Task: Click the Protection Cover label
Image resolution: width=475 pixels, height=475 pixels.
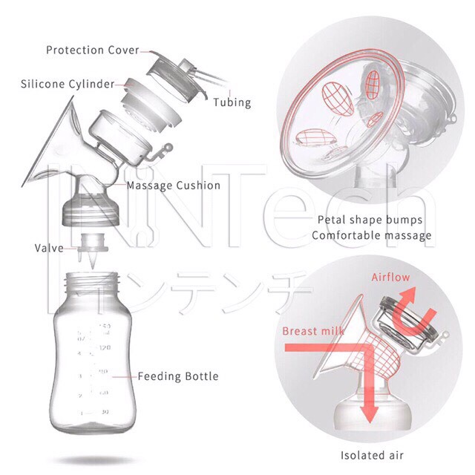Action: pos(92,50)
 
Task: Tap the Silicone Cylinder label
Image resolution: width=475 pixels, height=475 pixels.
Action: pos(68,84)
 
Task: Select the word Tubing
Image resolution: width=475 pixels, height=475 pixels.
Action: pos(232,102)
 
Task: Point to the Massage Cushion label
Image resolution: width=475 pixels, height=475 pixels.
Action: pos(173,186)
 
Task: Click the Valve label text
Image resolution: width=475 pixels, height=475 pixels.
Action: pos(49,249)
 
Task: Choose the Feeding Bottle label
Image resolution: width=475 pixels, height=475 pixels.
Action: pos(178,376)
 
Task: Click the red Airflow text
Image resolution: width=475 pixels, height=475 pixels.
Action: pos(390,277)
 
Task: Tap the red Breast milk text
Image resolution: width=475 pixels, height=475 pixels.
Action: pos(313,331)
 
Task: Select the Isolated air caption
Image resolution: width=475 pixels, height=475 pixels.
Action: pos(372,455)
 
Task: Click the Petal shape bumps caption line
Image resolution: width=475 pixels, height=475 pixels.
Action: pos(370,220)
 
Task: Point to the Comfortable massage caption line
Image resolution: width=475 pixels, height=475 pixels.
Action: pos(372,236)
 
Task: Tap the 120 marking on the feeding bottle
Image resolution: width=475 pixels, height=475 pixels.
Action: pos(105,347)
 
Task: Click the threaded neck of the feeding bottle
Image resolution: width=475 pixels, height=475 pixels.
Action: pos(92,282)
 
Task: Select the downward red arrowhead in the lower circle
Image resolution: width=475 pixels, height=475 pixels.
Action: pos(370,413)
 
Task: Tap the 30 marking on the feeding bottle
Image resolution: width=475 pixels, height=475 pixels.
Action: pos(105,412)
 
